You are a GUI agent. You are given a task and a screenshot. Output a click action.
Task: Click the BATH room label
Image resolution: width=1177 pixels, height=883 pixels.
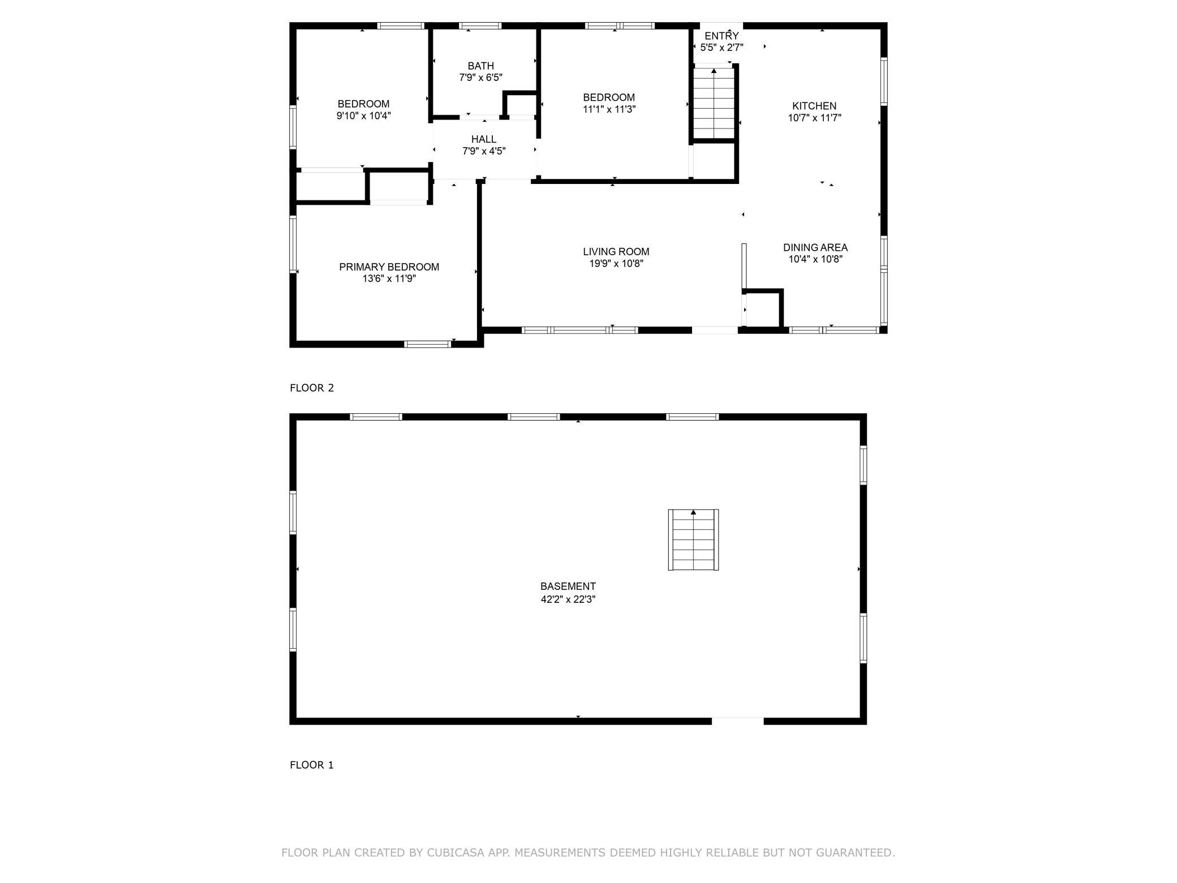point(480,66)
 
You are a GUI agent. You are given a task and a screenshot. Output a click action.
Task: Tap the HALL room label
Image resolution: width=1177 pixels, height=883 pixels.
point(484,139)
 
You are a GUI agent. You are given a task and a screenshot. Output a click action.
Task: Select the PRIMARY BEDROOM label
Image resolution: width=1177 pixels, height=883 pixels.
point(389,267)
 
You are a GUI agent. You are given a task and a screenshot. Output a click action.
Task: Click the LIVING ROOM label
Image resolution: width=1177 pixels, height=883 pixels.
point(616,251)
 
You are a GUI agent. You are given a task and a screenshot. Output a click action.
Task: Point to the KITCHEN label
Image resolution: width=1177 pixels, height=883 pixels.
point(814,106)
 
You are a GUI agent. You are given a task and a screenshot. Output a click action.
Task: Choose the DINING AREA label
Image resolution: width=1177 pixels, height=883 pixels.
point(815,247)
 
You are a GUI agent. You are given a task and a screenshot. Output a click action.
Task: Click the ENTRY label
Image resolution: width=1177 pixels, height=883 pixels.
point(721,36)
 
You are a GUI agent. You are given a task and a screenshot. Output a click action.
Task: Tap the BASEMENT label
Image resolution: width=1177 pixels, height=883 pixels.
point(568,586)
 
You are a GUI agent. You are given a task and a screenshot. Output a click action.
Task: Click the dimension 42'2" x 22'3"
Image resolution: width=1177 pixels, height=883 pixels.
point(568,599)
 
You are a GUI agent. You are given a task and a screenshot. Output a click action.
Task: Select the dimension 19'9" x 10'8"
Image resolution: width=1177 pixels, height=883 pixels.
point(616,263)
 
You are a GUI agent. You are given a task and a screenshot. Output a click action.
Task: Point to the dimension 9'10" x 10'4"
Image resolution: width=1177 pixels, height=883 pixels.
point(364,115)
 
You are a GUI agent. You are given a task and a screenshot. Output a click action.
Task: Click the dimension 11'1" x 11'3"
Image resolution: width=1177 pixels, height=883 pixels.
point(609,109)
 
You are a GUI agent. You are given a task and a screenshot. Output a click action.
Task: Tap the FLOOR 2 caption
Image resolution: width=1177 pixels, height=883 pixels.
point(312,388)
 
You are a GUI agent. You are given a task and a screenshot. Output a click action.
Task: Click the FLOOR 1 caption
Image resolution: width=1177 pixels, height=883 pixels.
point(312,765)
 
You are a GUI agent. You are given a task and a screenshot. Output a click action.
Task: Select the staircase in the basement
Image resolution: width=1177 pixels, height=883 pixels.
point(693,539)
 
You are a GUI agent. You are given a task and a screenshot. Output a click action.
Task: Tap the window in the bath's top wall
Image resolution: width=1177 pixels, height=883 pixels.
point(480,25)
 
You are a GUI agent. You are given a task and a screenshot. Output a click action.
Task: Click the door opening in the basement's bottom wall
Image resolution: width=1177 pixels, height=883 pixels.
point(737,721)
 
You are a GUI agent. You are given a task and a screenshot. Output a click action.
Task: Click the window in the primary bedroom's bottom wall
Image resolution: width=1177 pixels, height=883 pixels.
point(427,344)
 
